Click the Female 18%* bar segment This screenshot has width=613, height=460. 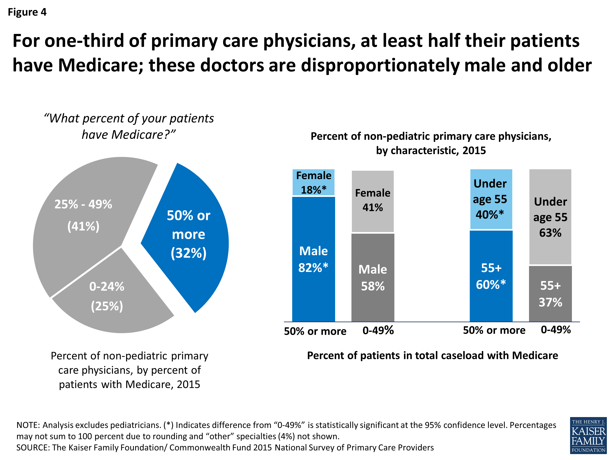(x=313, y=182)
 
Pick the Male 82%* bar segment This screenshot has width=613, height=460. (x=313, y=259)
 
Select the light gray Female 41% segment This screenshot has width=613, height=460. (x=372, y=201)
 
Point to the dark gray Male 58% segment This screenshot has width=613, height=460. (x=372, y=277)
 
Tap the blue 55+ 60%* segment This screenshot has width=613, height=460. (x=491, y=276)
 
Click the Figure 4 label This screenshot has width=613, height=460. (x=27, y=12)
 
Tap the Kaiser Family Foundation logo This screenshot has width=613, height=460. (x=588, y=435)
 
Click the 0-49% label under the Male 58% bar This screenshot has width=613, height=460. (x=378, y=331)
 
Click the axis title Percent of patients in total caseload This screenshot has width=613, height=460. (x=432, y=356)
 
